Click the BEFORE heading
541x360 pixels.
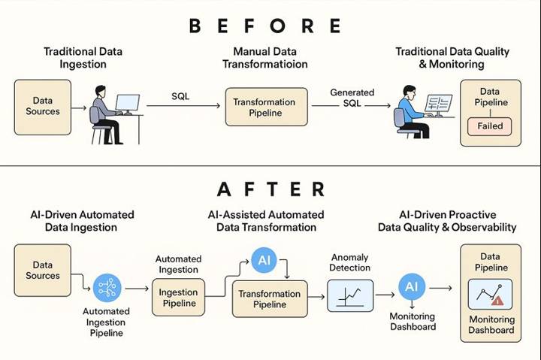click(264, 26)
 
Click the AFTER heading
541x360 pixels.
click(270, 189)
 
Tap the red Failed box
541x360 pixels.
click(490, 126)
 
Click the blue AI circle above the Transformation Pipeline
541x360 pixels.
click(264, 260)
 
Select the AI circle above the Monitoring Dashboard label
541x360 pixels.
click(411, 286)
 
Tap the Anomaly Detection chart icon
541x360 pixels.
click(350, 295)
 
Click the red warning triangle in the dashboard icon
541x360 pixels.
click(497, 301)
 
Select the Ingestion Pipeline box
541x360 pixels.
click(178, 298)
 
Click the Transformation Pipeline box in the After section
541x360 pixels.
click(269, 300)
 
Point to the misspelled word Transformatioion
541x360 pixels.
click(266, 65)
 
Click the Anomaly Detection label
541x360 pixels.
click(349, 262)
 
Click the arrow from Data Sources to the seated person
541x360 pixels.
click(78, 108)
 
